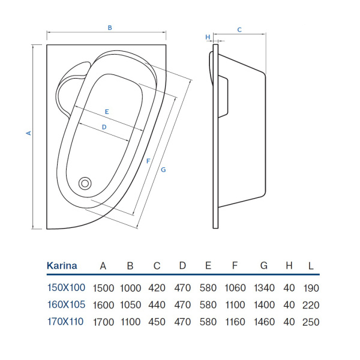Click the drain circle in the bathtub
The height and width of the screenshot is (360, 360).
[x=85, y=184]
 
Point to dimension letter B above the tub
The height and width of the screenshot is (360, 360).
[x=110, y=27]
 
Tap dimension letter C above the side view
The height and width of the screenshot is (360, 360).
[x=239, y=29]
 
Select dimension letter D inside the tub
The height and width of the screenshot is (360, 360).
[x=104, y=127]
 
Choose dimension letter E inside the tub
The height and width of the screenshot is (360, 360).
[x=106, y=112]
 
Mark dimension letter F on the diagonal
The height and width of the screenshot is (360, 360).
[x=148, y=160]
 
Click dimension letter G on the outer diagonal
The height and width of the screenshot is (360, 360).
[x=163, y=170]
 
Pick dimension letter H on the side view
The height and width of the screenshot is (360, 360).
[x=208, y=37]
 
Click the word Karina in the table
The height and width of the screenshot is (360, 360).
[x=62, y=266]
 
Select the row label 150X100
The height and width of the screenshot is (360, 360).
[x=66, y=287]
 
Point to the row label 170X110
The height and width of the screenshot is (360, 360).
[x=66, y=322]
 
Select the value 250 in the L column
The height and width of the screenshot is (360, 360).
[x=310, y=322]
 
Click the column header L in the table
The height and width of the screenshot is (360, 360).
[x=310, y=266]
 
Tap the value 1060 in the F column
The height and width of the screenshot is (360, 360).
[x=235, y=287]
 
